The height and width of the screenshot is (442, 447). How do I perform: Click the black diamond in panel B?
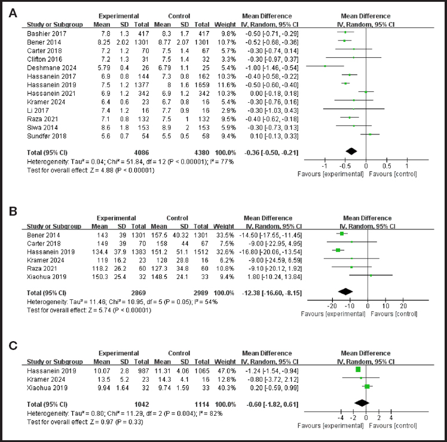345,291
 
